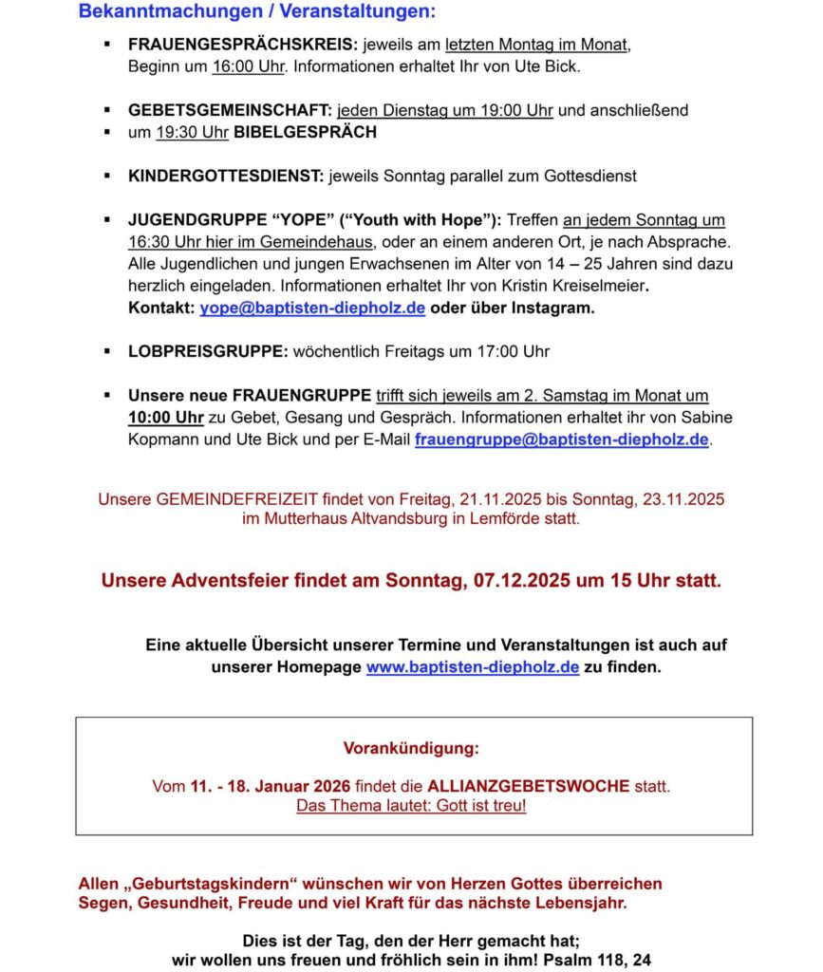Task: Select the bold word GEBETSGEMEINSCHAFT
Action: click(x=230, y=110)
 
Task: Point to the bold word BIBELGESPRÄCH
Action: click(x=305, y=132)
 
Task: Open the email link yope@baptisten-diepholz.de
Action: click(x=312, y=308)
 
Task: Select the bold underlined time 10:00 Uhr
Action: click(x=166, y=418)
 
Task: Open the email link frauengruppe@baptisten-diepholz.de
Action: click(x=562, y=439)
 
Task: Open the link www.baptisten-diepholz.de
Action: click(x=473, y=666)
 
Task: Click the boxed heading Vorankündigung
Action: click(x=411, y=748)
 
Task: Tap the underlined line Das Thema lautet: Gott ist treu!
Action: click(x=411, y=807)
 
